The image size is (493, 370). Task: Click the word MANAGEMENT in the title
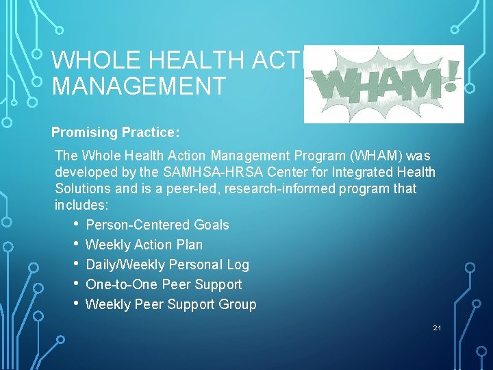[x=138, y=86]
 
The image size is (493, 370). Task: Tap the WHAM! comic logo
[x=383, y=84]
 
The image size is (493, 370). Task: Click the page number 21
[x=437, y=328]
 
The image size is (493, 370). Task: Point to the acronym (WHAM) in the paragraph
[x=374, y=156]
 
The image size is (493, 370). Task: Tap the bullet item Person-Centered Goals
[x=157, y=225]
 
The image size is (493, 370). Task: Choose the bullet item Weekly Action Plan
[x=144, y=245]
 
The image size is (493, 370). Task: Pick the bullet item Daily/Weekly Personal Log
[x=167, y=264]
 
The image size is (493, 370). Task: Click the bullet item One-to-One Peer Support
[x=164, y=284]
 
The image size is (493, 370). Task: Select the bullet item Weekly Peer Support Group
[x=170, y=304]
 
